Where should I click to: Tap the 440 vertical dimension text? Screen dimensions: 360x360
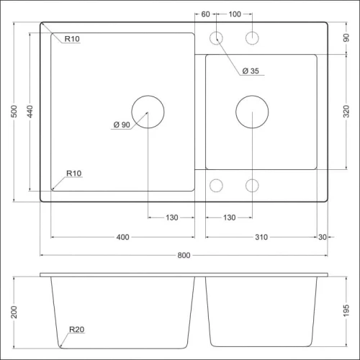click(x=31, y=112)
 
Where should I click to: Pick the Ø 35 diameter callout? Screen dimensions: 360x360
click(x=250, y=71)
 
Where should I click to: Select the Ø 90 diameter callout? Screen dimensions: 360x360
click(x=120, y=125)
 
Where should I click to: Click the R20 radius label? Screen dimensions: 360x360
click(x=77, y=330)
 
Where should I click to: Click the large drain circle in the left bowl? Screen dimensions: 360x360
click(x=148, y=112)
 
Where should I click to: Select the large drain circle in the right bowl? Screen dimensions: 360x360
click(x=252, y=112)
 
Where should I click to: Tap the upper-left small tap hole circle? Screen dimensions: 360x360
click(x=215, y=38)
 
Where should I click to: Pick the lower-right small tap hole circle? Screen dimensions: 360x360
click(x=252, y=186)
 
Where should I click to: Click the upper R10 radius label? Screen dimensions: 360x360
click(x=71, y=39)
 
